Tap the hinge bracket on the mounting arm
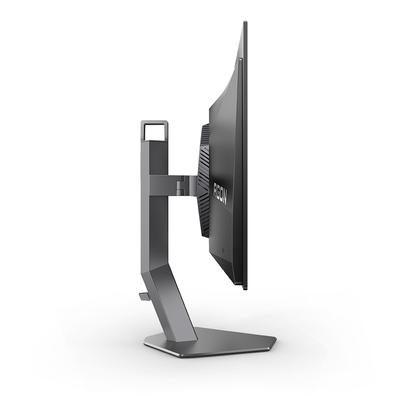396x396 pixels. [187, 184]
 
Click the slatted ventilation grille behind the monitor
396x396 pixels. [204, 182]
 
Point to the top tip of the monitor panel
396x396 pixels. [245, 22]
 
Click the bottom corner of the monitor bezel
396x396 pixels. [245, 288]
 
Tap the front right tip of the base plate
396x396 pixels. [275, 340]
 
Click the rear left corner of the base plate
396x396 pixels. [145, 344]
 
